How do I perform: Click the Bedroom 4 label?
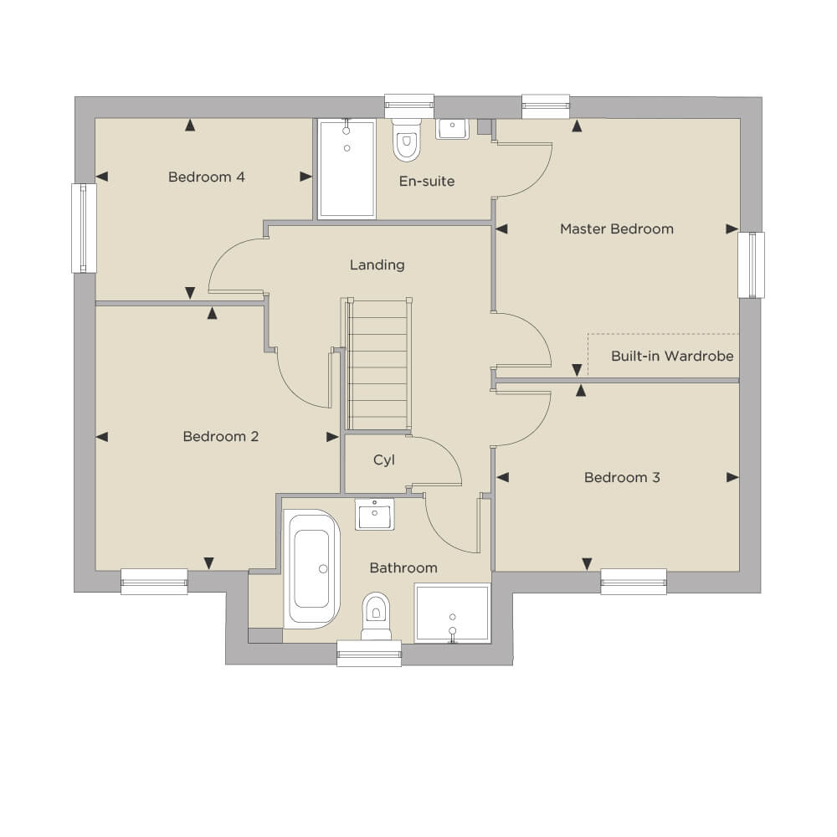206,177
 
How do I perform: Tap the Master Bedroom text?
617,229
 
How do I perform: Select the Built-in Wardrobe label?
672,356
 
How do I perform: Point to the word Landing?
377,264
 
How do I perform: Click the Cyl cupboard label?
384,460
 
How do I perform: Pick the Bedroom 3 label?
622,477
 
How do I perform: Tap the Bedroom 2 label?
220,437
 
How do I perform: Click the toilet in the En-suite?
406,140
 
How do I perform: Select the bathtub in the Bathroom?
311,569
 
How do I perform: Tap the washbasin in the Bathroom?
374,515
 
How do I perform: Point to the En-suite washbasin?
452,129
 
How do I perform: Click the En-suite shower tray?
347,169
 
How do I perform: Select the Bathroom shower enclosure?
452,614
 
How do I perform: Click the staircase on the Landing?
378,365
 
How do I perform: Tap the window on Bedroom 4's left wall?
84,229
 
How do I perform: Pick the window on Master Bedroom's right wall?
751,264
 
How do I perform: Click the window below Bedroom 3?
634,582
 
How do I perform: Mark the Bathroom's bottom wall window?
369,654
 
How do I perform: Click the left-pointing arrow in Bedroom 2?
102,437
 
